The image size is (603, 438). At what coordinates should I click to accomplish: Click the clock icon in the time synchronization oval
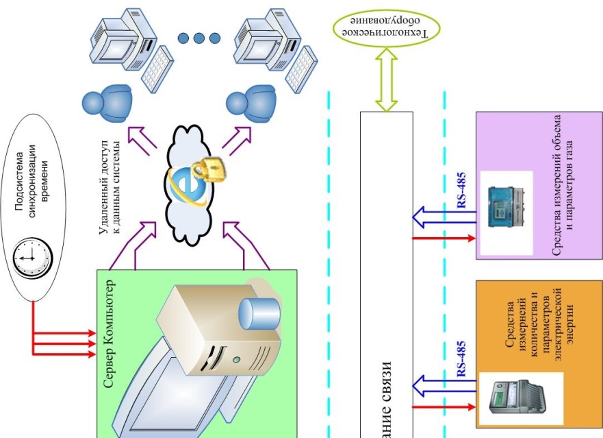coord(33,256)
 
